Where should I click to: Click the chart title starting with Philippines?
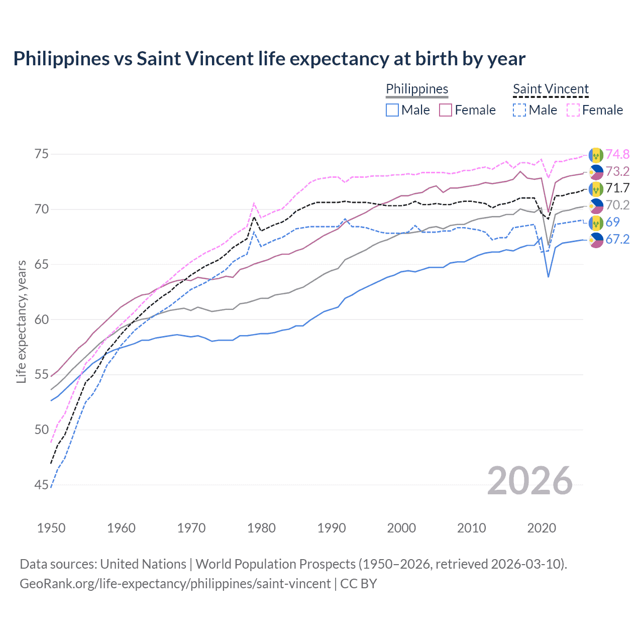269,59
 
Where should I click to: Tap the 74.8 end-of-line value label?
617,154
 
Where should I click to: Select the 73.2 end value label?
617,171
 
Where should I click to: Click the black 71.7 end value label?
617,188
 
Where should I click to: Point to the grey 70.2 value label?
617,205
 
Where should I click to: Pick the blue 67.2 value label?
617,239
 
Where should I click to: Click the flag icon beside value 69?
596,222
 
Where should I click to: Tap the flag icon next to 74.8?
596,154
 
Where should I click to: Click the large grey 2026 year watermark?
530,481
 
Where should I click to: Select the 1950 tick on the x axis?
51,528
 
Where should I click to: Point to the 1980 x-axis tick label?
261,528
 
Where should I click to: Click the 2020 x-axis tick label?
542,528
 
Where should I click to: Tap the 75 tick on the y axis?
42,154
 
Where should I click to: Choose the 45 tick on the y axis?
42,485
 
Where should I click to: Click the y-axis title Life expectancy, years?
21,321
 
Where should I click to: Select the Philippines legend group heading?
417,89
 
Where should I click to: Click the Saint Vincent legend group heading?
551,89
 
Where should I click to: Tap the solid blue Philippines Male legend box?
392,110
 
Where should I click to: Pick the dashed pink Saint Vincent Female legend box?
573,110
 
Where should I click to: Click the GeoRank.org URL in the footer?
175,584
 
